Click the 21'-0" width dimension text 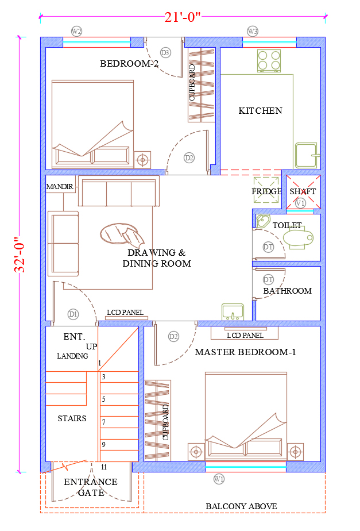[183, 17]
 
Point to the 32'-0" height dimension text [20, 255]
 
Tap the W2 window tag [77, 32]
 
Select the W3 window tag [253, 32]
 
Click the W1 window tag [219, 479]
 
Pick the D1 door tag [73, 314]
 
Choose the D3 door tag [165, 52]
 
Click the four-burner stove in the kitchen [269, 61]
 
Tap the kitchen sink [307, 155]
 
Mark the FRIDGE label [266, 191]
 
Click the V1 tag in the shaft [300, 203]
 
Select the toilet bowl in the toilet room [298, 238]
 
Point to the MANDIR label [60, 187]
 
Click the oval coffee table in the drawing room [122, 234]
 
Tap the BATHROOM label [288, 291]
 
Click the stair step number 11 [104, 467]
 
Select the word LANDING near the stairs [72, 356]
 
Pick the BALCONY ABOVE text [241, 506]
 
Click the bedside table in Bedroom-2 [142, 160]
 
